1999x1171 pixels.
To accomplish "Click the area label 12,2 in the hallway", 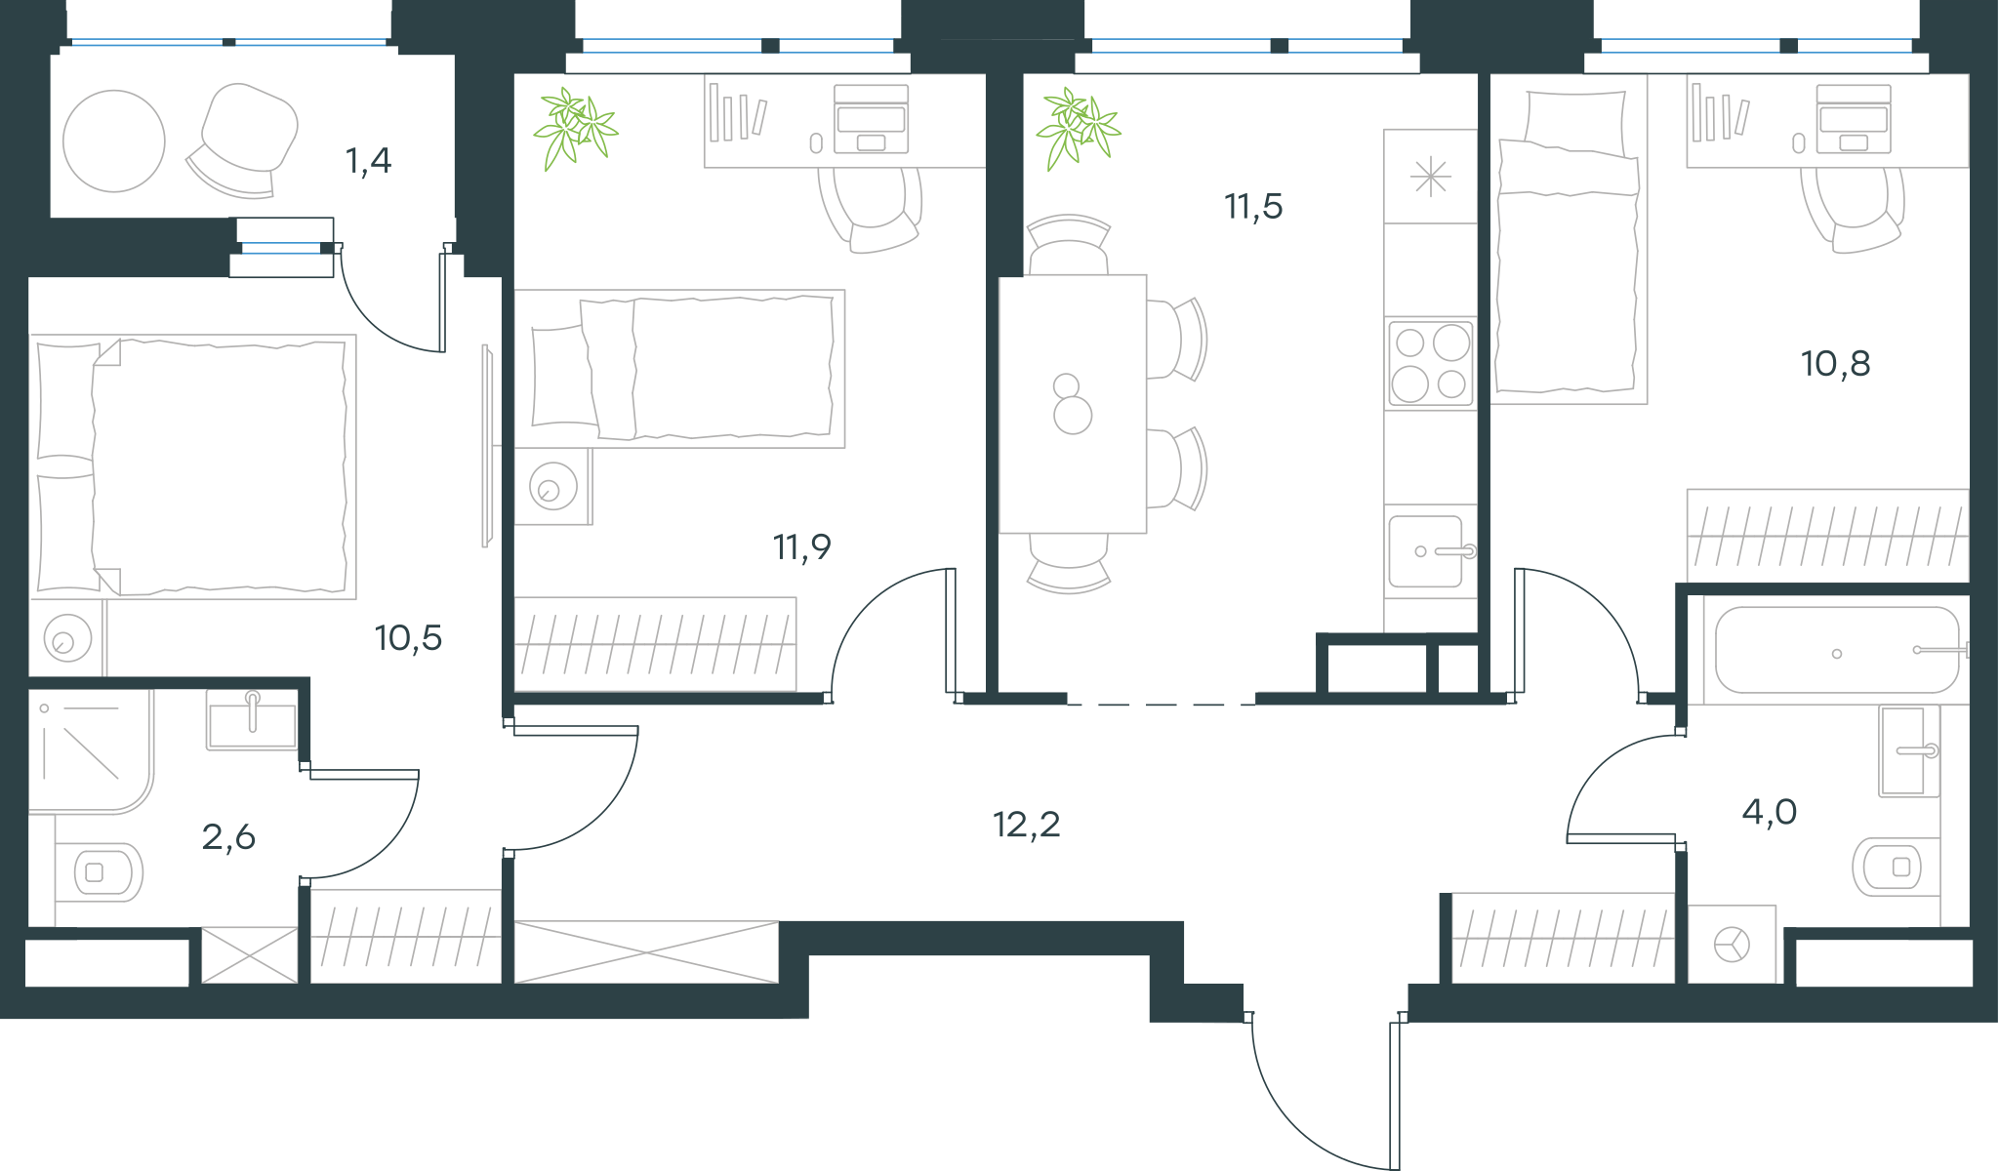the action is pyautogui.click(x=1026, y=826).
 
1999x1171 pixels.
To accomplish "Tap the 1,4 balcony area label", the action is pyautogui.click(x=368, y=160).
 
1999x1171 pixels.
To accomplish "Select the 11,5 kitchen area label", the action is pyautogui.click(x=1253, y=207).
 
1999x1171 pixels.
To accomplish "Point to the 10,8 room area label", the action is pyautogui.click(x=1835, y=364).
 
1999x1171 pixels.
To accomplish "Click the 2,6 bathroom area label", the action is pyautogui.click(x=228, y=837).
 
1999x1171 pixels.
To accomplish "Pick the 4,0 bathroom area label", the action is pyautogui.click(x=1769, y=812).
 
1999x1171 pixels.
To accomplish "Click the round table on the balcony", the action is pyautogui.click(x=114, y=141).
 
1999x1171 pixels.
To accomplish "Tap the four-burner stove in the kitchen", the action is pyautogui.click(x=1431, y=363).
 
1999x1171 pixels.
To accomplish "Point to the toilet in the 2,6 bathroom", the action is pyautogui.click(x=99, y=871).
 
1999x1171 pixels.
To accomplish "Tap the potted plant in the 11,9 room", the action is pyautogui.click(x=575, y=128).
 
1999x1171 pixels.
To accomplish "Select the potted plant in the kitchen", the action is pyautogui.click(x=1079, y=128).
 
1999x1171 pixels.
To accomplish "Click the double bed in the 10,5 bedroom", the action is pyautogui.click(x=193, y=466).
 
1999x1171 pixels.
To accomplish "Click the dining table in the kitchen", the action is pyautogui.click(x=1073, y=404).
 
